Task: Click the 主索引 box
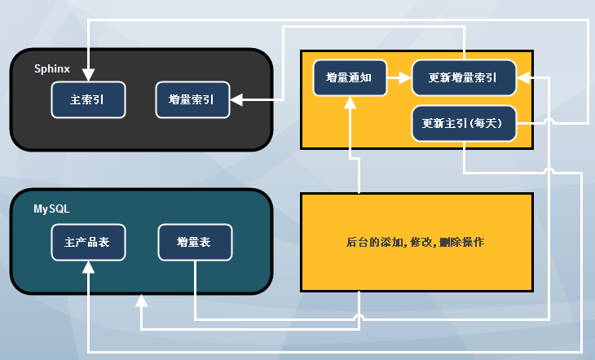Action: click(89, 100)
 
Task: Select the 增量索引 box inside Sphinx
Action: click(192, 100)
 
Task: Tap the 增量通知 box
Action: click(350, 78)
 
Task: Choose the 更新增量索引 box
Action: click(464, 78)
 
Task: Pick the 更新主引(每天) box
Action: click(464, 124)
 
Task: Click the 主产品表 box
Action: click(89, 242)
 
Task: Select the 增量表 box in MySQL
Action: click(195, 242)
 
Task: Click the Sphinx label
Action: click(51, 68)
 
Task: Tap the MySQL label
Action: click(51, 209)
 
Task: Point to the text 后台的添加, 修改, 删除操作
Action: click(416, 242)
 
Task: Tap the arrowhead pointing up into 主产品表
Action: click(88, 266)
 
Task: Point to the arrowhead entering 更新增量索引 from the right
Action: click(523, 78)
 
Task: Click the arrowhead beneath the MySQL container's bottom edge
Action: click(142, 301)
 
